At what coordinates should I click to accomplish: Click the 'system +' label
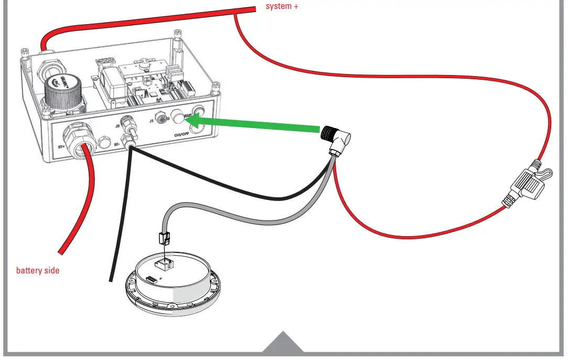[282, 7]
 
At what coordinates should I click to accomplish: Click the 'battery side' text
[38, 271]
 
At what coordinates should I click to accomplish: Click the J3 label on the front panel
[117, 126]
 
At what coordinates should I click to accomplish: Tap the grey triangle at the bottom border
[283, 343]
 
